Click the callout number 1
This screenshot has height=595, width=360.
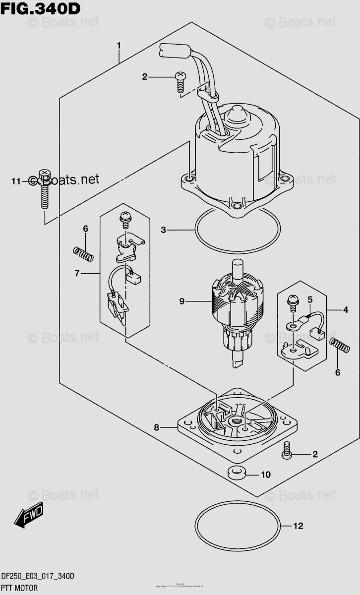pyautogui.click(x=119, y=46)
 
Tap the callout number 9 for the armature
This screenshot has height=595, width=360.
pyautogui.click(x=182, y=301)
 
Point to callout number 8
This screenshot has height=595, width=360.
pyautogui.click(x=156, y=427)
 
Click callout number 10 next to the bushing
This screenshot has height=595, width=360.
pyautogui.click(x=266, y=475)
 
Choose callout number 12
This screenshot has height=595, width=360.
pyautogui.click(x=298, y=525)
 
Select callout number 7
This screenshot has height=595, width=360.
pyautogui.click(x=77, y=273)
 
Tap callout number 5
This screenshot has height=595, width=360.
pyautogui.click(x=310, y=299)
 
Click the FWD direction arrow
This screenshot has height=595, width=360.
pyautogui.click(x=29, y=515)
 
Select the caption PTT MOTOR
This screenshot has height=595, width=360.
pyautogui.click(x=23, y=588)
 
